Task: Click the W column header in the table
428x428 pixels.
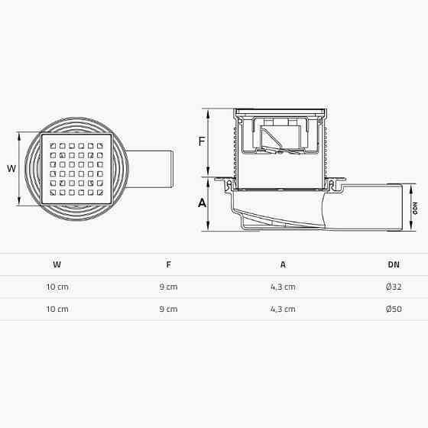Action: tap(57, 264)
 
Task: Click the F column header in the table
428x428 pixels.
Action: tap(168, 264)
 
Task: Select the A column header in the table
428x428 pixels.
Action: tap(283, 264)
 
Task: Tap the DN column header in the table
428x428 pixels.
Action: tap(393, 264)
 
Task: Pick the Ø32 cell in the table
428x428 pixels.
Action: tap(393, 287)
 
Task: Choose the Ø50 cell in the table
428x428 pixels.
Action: tap(393, 309)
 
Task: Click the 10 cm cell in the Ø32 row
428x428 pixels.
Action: tap(57, 287)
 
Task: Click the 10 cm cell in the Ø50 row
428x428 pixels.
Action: tap(57, 309)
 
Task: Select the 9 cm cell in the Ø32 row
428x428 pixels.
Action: tap(168, 287)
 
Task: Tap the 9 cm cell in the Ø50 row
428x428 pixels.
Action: tap(168, 309)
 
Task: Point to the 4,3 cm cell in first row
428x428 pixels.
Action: tap(283, 287)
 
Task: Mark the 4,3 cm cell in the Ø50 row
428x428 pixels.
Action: tap(283, 309)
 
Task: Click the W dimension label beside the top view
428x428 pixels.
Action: tap(10, 168)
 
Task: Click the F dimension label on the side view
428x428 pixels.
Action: tap(202, 141)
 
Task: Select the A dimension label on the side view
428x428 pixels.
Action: tap(202, 203)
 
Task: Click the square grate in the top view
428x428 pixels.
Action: tap(76, 168)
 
